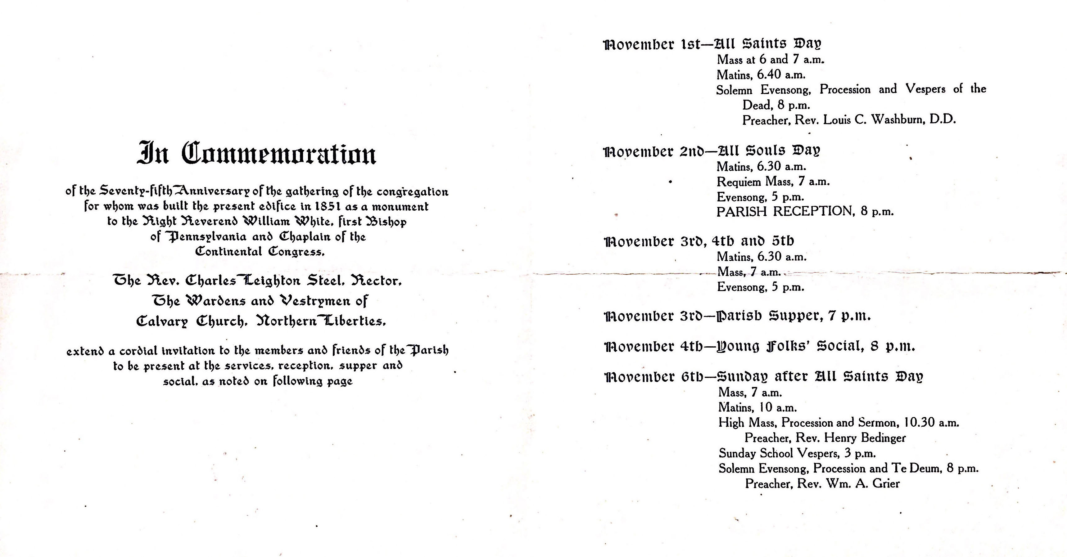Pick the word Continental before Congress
point(228,252)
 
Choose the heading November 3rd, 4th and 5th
point(699,241)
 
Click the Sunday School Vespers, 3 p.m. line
point(797,453)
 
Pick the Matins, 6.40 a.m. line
point(761,75)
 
